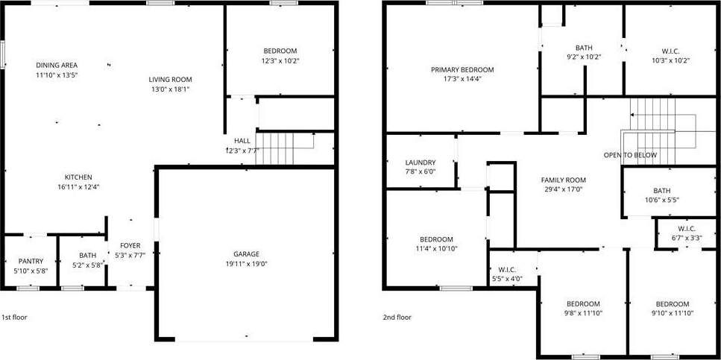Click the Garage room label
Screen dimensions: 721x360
point(247,254)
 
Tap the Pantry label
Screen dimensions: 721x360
point(31,261)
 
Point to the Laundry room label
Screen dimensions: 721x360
point(421,162)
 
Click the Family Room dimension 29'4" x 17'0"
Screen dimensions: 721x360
point(563,189)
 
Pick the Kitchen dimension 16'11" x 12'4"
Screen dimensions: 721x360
point(78,186)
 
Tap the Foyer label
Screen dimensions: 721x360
point(130,245)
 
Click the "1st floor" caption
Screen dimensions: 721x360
point(14,318)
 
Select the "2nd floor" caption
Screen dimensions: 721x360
point(397,318)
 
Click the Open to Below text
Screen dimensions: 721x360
point(630,155)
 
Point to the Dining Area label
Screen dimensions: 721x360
point(57,65)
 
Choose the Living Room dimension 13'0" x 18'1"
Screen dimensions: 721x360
point(170,89)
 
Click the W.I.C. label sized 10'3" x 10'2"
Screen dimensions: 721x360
point(670,51)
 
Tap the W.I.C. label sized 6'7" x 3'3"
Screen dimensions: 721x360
point(687,229)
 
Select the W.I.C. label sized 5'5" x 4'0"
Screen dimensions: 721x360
point(506,269)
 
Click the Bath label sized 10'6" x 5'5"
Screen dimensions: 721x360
point(661,191)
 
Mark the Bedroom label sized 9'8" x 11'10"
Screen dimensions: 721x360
point(583,304)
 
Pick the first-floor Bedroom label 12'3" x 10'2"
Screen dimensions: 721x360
point(280,51)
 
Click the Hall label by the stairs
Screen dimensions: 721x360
point(242,141)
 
